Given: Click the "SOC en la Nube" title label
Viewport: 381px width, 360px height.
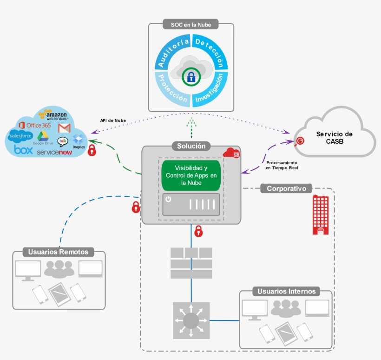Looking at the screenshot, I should click(191, 24).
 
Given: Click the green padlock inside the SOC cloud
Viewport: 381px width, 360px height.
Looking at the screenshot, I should click(190, 77).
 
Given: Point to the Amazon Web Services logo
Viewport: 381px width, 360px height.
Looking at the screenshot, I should click(53, 115).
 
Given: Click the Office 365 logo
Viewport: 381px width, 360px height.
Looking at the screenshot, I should click(35, 125).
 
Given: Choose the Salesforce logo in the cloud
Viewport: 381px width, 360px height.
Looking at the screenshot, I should click(20, 136).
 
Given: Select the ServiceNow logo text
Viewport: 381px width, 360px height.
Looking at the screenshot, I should click(54, 152).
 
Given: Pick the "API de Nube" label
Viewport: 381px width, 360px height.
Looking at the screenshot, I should click(113, 120).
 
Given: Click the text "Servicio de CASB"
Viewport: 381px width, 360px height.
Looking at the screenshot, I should click(334, 138).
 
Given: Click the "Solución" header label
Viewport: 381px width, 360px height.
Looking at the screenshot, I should click(191, 146).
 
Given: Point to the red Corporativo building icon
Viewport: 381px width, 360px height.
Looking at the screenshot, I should click(320, 214).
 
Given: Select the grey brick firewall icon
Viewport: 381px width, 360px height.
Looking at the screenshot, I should click(191, 263).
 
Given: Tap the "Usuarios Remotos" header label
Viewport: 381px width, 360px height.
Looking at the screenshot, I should click(58, 252).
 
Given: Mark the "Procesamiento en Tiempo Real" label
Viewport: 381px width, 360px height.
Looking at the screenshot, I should click(282, 166).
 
